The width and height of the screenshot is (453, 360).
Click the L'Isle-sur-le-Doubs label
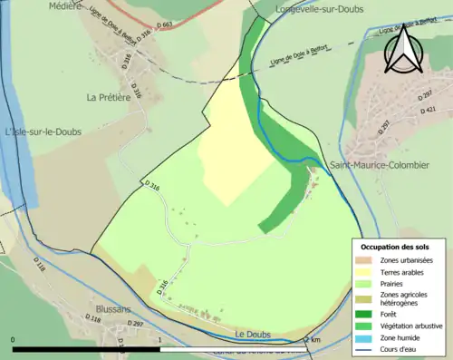[x=43, y=131]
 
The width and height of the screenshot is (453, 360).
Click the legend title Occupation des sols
[x=395, y=247]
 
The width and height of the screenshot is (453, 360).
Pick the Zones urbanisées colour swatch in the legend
[x=365, y=260]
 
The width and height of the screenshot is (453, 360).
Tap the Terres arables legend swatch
[x=365, y=271]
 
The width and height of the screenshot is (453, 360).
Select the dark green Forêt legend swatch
[x=365, y=315]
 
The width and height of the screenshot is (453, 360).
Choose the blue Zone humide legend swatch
[x=365, y=336]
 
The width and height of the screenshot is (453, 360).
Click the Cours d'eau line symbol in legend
[x=365, y=347]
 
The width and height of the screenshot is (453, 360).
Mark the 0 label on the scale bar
[x=13, y=340]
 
